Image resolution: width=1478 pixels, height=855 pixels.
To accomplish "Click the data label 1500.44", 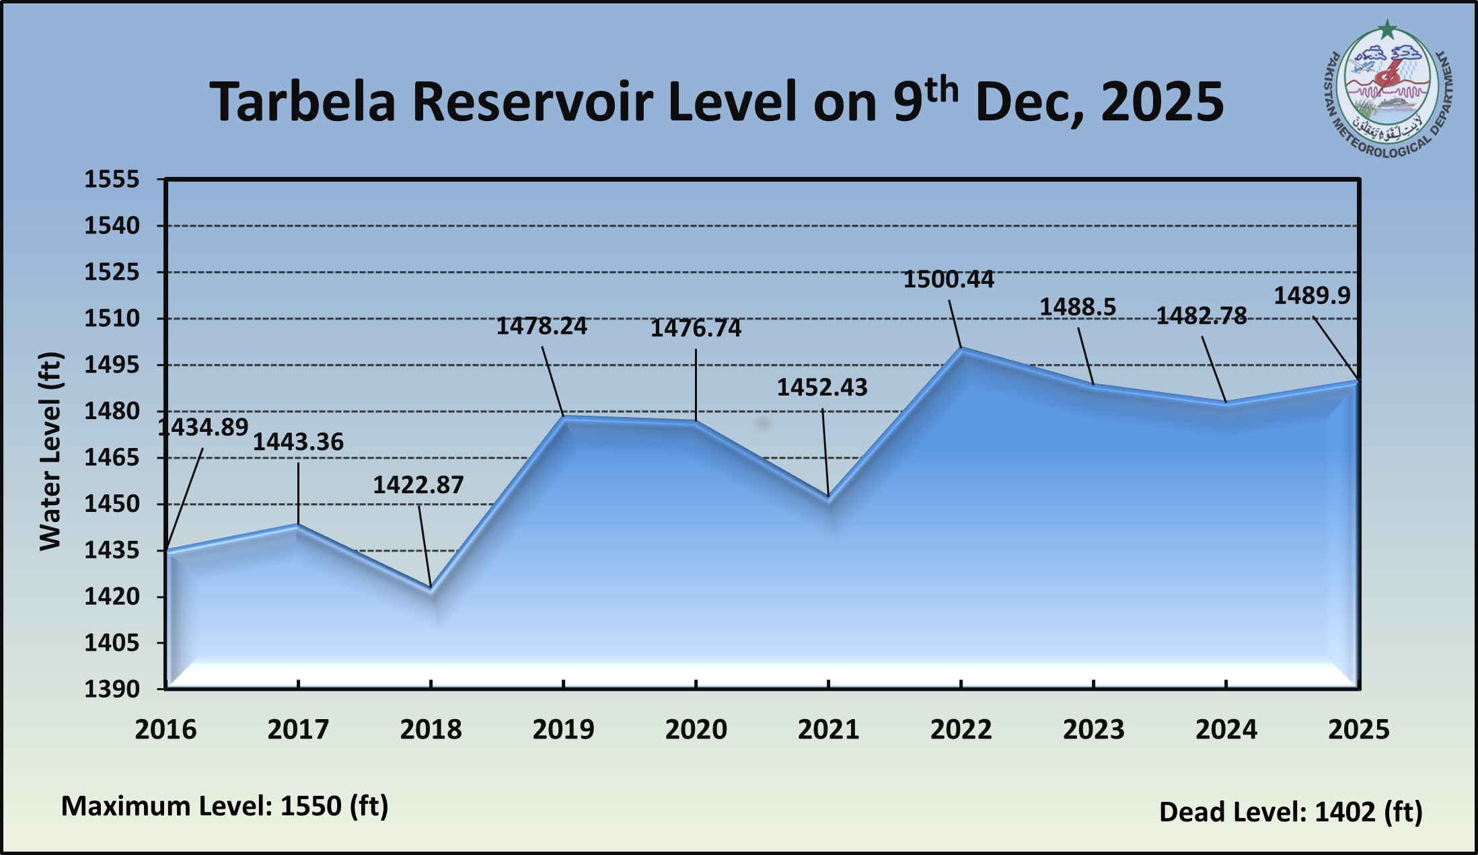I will [x=948, y=279].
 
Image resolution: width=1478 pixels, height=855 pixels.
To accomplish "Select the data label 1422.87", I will [x=418, y=485].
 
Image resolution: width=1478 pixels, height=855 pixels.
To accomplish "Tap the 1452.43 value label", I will [x=822, y=387].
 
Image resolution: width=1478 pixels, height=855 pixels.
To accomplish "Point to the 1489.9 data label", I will [x=1312, y=295].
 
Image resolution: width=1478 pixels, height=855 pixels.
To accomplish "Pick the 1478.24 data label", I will [x=542, y=326].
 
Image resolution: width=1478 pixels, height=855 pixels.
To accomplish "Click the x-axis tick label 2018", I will [x=431, y=730].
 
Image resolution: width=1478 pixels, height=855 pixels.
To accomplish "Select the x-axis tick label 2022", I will [x=961, y=730].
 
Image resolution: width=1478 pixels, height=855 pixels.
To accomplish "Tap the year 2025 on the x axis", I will [x=1358, y=730].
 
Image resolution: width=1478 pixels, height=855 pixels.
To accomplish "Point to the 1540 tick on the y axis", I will [x=112, y=226].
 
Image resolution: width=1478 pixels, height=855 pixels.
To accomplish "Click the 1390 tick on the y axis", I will [x=112, y=689].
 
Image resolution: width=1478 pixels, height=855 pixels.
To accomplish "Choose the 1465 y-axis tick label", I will [x=112, y=458].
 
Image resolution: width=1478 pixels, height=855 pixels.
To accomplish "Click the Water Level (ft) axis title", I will [x=50, y=451].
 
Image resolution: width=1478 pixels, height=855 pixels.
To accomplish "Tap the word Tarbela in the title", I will [x=302, y=102].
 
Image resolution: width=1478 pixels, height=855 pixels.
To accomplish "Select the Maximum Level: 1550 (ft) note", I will [x=225, y=806].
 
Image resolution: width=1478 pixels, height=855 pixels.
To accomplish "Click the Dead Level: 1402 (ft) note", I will [x=1290, y=812].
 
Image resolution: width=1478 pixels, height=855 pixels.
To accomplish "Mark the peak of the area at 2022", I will [x=961, y=349].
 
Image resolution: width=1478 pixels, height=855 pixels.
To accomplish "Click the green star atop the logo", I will [x=1387, y=30].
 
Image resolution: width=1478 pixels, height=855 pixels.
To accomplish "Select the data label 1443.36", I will [x=298, y=442].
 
